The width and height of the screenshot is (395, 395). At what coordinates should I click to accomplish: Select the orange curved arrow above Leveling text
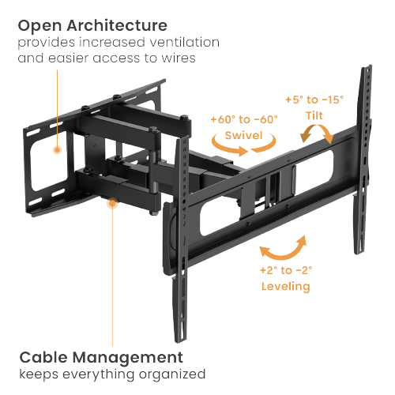[284, 248]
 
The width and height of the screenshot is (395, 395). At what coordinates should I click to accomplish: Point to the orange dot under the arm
[112, 204]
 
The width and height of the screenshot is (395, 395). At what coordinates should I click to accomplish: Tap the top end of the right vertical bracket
[367, 71]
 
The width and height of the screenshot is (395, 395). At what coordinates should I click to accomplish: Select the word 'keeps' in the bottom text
[37, 374]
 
